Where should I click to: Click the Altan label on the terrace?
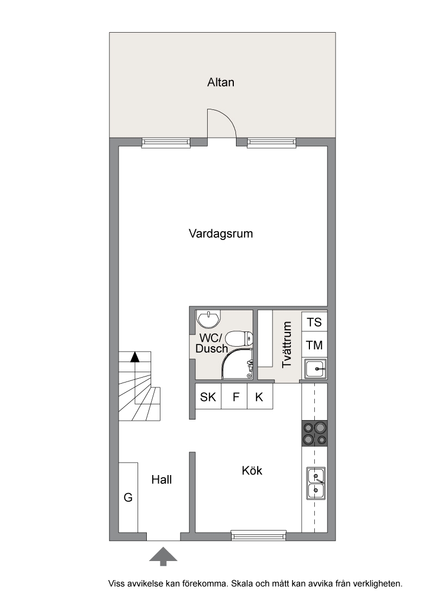pyautogui.click(x=221, y=83)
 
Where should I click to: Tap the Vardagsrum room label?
pyautogui.click(x=221, y=233)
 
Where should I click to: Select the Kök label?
pyautogui.click(x=252, y=470)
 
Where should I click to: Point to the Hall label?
pyautogui.click(x=161, y=479)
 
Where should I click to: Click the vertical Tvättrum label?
pyautogui.click(x=287, y=344)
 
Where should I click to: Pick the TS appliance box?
pyautogui.click(x=314, y=322)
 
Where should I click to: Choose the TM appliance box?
pyautogui.click(x=314, y=345)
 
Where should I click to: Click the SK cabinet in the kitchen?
pyautogui.click(x=208, y=397)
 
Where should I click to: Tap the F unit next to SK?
pyautogui.click(x=234, y=397)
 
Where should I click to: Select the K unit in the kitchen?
pyautogui.click(x=260, y=397)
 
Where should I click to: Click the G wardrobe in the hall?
pyautogui.click(x=128, y=497)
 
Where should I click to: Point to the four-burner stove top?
pyautogui.click(x=314, y=434)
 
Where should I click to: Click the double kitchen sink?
pyautogui.click(x=316, y=484)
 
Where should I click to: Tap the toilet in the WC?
pyautogui.click(x=239, y=338)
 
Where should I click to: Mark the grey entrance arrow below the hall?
pyautogui.click(x=163, y=557)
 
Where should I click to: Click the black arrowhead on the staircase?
pyautogui.click(x=135, y=356)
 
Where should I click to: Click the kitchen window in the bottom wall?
pyautogui.click(x=258, y=535)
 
